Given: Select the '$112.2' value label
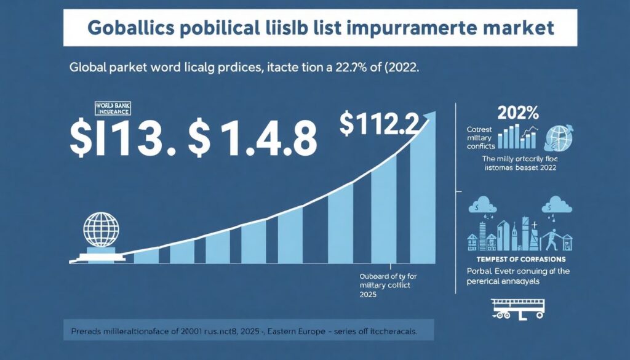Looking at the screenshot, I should pos(380,126).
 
